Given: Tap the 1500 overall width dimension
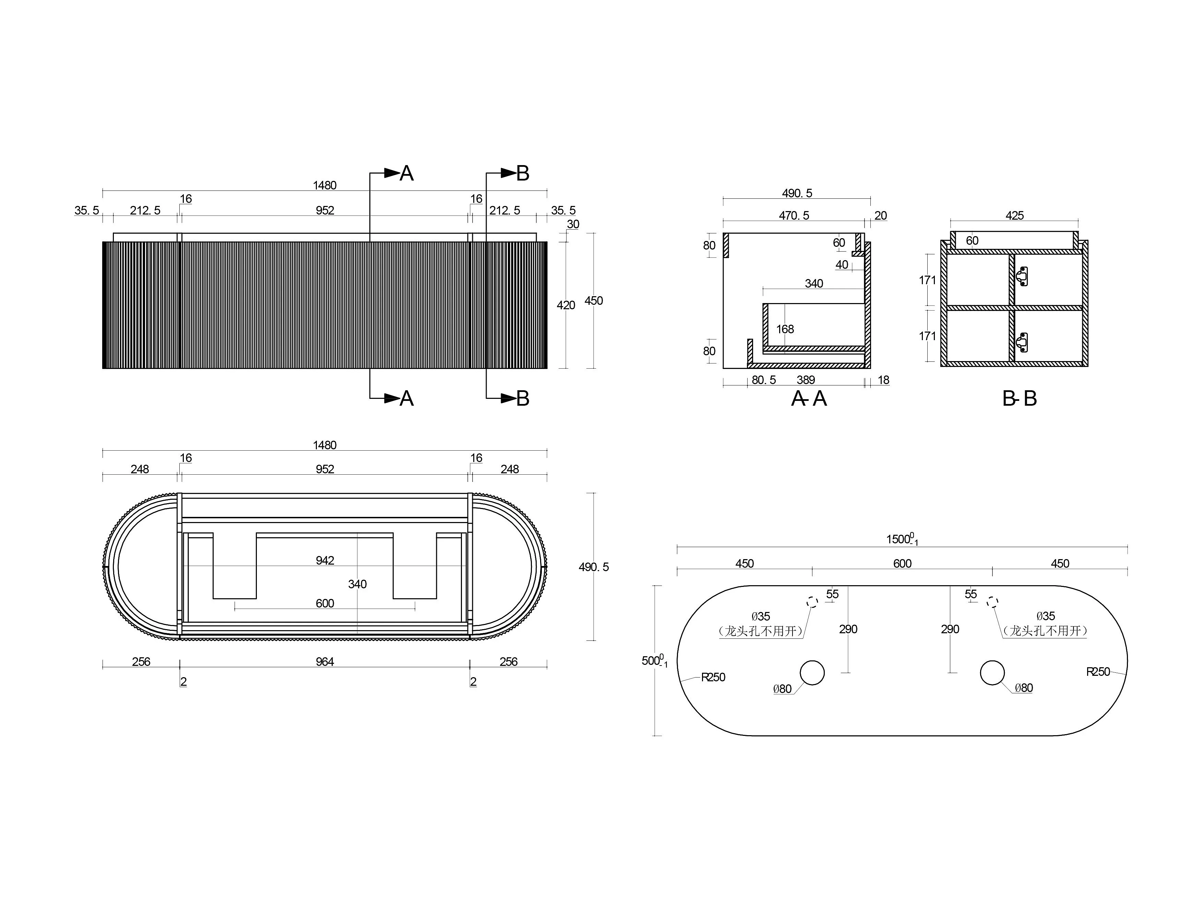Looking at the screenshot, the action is pyautogui.click(x=902, y=539).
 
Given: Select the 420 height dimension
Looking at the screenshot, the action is pyautogui.click(x=566, y=305).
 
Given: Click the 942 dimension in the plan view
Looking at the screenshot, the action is pyautogui.click(x=325, y=560).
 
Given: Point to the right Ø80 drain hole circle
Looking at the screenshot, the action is pyautogui.click(x=992, y=673).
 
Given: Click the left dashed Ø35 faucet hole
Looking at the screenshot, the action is pyautogui.click(x=812, y=602).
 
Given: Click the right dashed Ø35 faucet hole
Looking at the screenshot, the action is pyautogui.click(x=992, y=602).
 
